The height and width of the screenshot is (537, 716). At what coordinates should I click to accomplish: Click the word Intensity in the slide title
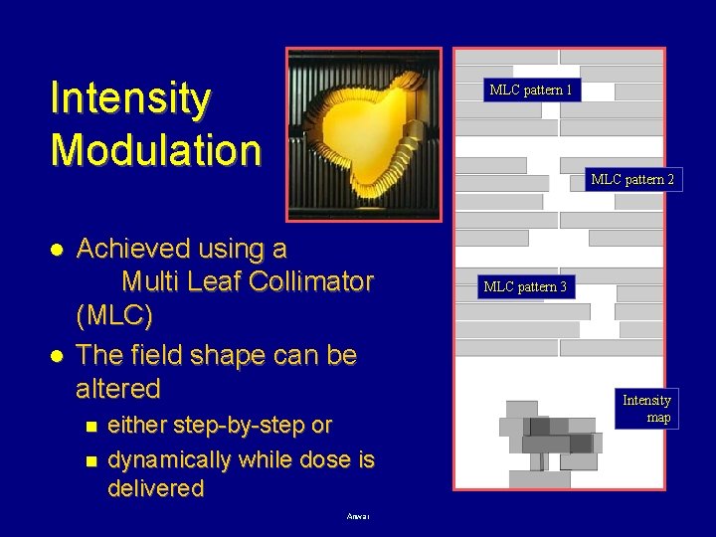[130, 98]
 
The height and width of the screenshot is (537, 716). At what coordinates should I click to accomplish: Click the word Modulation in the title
[155, 150]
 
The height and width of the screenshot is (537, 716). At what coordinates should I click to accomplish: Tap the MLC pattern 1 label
[531, 90]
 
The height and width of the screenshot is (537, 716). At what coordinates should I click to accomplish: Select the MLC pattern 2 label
[632, 180]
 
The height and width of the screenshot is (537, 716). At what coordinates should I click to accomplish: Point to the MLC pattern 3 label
[525, 287]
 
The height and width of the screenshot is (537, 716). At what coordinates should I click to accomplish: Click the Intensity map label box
[646, 409]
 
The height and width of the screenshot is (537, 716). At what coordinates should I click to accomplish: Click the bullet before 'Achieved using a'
[59, 248]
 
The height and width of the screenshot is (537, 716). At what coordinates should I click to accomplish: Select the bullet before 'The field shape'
[59, 355]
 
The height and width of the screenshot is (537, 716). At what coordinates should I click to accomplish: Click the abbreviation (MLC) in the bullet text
[114, 316]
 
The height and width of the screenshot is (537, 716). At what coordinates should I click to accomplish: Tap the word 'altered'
[117, 388]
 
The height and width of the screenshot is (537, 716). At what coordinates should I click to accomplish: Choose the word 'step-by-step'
[236, 426]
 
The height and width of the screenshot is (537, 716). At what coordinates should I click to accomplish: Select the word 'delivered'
[155, 488]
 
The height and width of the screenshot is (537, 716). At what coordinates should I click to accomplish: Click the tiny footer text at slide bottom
[358, 516]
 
